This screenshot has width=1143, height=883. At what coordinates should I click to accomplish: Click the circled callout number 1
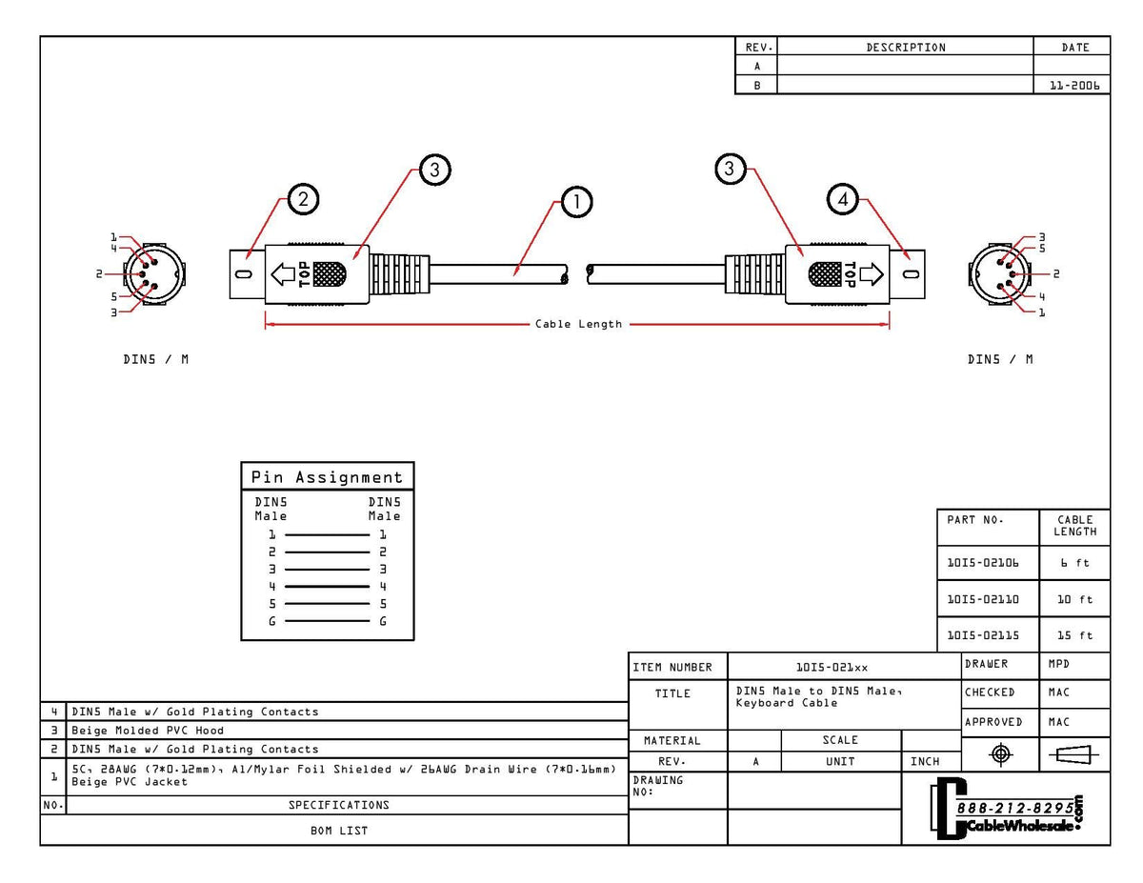(x=576, y=202)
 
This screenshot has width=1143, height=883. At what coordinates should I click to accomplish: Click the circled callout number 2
(x=303, y=199)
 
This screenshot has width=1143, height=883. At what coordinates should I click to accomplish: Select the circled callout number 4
(x=843, y=199)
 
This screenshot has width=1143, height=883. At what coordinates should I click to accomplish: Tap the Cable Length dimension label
(x=578, y=325)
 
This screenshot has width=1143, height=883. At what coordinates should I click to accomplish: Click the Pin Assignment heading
(x=327, y=477)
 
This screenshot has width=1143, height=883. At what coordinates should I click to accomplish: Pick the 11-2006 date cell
(x=1073, y=85)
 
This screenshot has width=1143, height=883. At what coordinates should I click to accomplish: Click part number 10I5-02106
(x=982, y=563)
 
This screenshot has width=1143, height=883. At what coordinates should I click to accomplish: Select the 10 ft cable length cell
(x=1074, y=600)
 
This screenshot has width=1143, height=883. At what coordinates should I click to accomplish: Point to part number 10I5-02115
(x=982, y=635)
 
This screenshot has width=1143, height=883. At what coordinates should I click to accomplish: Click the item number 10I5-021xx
(x=832, y=668)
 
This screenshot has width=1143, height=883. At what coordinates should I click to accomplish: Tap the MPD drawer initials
(x=1059, y=664)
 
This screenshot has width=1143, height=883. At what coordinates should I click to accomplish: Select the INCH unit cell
(x=924, y=762)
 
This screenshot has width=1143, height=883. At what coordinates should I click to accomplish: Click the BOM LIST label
(x=339, y=831)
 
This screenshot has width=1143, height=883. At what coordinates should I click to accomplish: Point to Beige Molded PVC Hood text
(x=148, y=731)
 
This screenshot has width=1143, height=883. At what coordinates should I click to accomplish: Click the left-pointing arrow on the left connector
(x=283, y=274)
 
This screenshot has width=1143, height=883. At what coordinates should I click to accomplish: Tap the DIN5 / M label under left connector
(x=155, y=359)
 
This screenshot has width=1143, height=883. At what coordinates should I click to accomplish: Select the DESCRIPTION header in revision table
(x=906, y=48)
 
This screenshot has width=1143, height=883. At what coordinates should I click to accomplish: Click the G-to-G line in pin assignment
(x=327, y=622)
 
